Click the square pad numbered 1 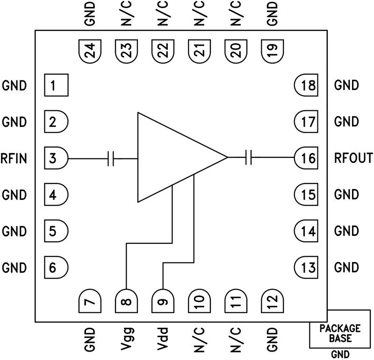point(56,85)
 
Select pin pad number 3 point(56,158)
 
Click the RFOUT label point(353,158)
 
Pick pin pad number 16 point(306,158)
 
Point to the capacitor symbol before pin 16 point(249,158)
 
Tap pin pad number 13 point(306,268)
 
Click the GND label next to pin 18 point(346,85)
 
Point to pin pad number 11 point(236,301)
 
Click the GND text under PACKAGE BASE point(340,354)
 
